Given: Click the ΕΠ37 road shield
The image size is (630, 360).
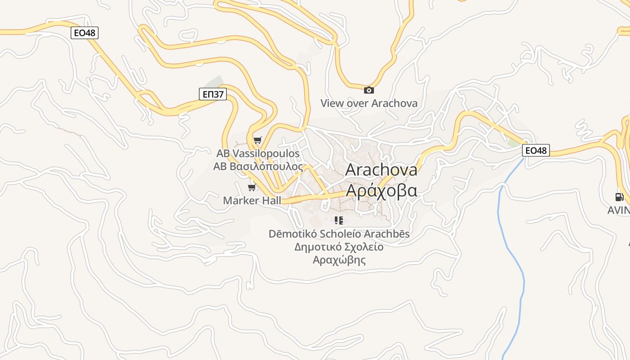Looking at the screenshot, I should point(212,94).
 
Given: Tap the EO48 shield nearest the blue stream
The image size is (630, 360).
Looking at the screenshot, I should point(535,150).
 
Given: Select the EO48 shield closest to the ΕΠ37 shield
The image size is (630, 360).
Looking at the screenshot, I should point(85,33).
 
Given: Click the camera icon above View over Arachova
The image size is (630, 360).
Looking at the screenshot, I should point(369,90).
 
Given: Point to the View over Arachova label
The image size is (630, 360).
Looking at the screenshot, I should point(369,103).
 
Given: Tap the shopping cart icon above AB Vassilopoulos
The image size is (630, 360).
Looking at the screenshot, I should point(257,140).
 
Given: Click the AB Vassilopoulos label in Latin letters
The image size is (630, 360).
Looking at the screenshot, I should point(258,153).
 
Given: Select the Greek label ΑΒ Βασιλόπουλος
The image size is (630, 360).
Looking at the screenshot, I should point(258,166).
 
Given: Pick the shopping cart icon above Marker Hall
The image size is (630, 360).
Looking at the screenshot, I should point(252,187).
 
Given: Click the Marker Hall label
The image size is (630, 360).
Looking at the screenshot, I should point(252,200).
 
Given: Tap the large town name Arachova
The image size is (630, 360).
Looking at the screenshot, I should point(381,170).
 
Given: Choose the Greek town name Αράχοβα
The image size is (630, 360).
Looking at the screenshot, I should point(381,190).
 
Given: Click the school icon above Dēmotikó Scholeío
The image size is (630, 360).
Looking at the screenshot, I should point(339,220).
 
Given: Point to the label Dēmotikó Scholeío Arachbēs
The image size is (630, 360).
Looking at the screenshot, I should point(339,234).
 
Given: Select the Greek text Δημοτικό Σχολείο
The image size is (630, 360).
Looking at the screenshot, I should point(339,247).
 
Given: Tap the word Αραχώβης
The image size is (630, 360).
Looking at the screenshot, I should point(339,260).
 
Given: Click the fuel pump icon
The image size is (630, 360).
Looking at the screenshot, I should point(619,197).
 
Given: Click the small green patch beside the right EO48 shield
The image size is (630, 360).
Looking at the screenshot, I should point(513,143).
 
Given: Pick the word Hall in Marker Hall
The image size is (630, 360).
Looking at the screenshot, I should point(272,200).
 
